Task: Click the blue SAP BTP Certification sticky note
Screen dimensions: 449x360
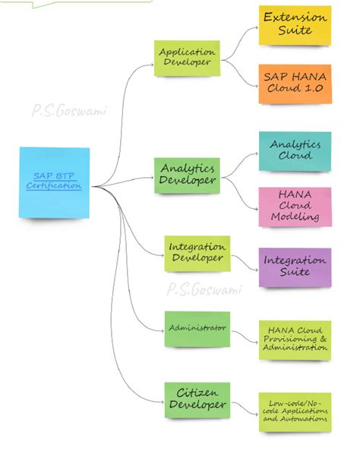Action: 55,182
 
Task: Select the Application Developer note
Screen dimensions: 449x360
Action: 187,58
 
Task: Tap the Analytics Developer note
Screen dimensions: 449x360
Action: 187,174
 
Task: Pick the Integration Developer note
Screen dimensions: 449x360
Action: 197,253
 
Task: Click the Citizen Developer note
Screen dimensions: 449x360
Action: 197,399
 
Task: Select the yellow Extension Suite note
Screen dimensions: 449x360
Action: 295,25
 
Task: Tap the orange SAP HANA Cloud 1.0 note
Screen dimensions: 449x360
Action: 295,83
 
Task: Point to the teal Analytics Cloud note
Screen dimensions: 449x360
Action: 295,150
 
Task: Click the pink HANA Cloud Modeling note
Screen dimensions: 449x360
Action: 295,206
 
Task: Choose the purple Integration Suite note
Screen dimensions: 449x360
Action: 295,266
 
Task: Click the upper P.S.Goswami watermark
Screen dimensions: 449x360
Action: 69,111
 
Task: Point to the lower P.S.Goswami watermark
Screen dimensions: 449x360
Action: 204,289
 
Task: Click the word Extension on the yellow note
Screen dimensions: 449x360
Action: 295,17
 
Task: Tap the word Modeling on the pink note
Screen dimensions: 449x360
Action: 295,217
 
